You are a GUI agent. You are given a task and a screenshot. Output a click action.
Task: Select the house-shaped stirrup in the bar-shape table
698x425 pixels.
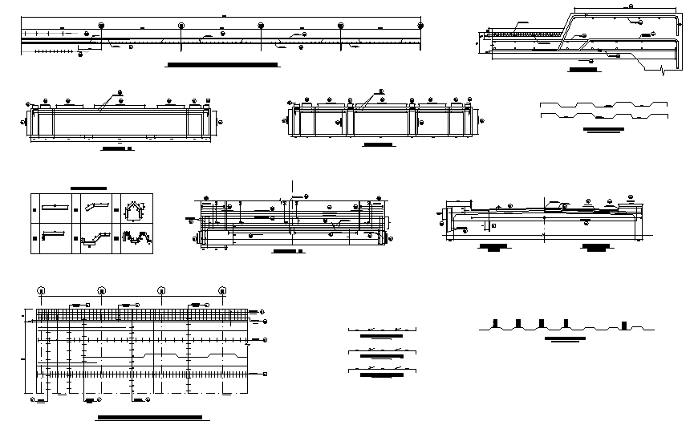(x=133, y=210)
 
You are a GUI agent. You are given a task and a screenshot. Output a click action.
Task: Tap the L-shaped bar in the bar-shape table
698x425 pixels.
(x=53, y=234)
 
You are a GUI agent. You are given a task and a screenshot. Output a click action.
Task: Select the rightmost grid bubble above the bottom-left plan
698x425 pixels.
(x=222, y=289)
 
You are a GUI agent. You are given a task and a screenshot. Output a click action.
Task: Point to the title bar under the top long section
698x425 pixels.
(x=221, y=63)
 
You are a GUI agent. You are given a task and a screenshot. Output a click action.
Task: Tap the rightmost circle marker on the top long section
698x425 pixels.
(x=420, y=26)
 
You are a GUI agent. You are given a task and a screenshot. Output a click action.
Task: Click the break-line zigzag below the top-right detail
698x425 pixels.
(x=662, y=72)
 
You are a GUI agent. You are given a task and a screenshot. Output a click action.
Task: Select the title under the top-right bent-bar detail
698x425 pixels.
(x=582, y=70)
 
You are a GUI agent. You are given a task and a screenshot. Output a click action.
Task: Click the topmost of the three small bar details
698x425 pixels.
(x=382, y=329)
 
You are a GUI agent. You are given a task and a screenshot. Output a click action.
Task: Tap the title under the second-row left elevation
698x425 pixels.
(x=119, y=148)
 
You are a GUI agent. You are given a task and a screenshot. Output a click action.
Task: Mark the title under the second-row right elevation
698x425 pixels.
(x=379, y=145)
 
